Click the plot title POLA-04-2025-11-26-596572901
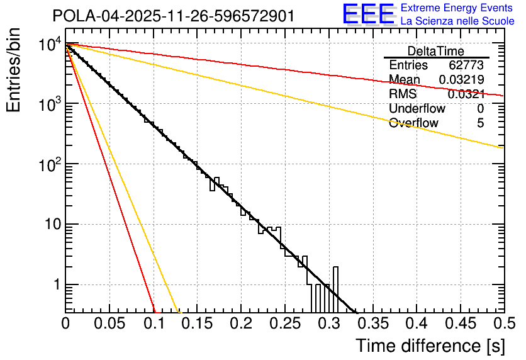pyautogui.click(x=173, y=16)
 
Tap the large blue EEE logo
pyautogui.click(x=368, y=15)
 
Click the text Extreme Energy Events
pyautogui.click(x=457, y=8)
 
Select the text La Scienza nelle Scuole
pyautogui.click(x=457, y=21)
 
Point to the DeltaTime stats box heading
pyautogui.click(x=436, y=51)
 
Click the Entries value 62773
pyautogui.click(x=466, y=65)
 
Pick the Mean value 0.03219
pyautogui.click(x=461, y=79)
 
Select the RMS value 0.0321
pyautogui.click(x=466, y=94)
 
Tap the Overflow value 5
pyautogui.click(x=480, y=123)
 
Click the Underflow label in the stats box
pyautogui.click(x=414, y=108)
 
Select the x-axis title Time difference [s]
pyautogui.click(x=430, y=346)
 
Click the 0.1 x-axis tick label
pyautogui.click(x=153, y=323)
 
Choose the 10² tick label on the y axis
pyautogui.click(x=48, y=165)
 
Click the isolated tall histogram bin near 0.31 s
pyautogui.click(x=335, y=289)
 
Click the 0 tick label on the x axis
pyautogui.click(x=65, y=323)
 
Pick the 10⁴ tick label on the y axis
pyautogui.click(x=48, y=45)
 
